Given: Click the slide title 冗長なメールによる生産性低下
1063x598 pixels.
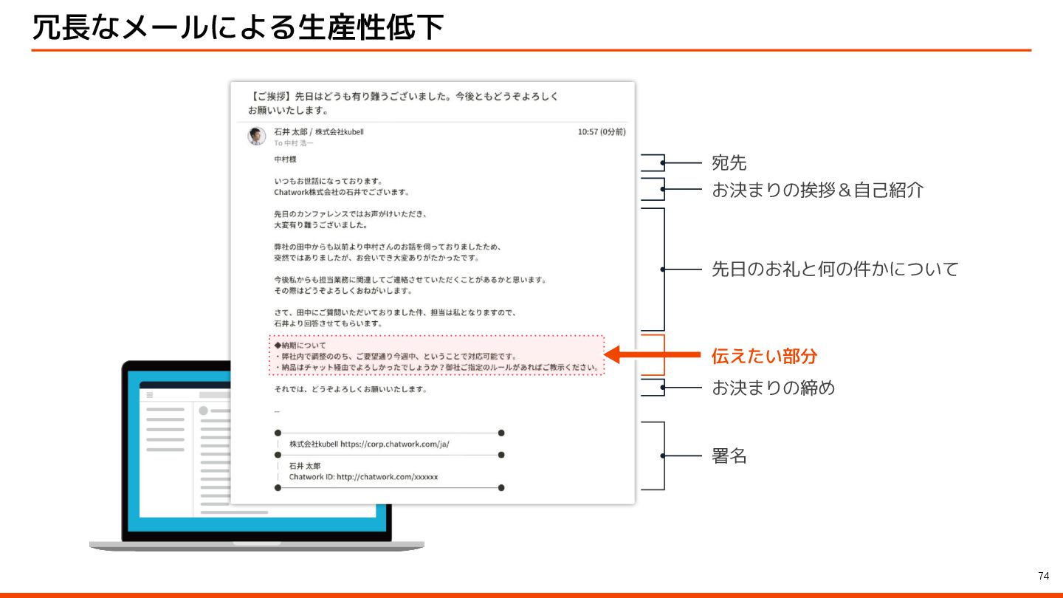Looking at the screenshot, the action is [238, 28].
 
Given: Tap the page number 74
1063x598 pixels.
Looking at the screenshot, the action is [1043, 576].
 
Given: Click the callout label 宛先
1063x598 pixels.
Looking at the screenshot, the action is [729, 162].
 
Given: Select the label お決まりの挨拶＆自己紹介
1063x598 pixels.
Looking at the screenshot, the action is [817, 190].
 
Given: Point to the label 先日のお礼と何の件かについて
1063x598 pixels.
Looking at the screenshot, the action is [834, 269].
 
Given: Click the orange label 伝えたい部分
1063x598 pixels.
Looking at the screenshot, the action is [764, 356].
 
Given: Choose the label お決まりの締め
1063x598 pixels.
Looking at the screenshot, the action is [773, 388].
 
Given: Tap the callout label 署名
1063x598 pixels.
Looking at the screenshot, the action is [729, 456].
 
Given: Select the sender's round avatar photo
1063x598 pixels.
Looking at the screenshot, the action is [256, 136].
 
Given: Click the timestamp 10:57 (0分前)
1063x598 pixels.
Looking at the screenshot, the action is [601, 132].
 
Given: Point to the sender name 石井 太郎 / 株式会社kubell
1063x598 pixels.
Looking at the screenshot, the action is [318, 132].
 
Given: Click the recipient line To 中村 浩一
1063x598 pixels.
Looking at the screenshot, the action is [293, 143].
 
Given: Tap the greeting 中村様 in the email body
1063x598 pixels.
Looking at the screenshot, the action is [285, 159].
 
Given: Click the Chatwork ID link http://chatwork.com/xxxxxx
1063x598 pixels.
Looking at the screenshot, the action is [387, 477].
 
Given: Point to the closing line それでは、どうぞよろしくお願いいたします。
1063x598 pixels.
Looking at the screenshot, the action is [350, 389].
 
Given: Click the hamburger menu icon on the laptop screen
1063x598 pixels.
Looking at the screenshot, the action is [149, 395].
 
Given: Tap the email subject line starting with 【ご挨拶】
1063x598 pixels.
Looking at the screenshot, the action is [402, 103].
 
